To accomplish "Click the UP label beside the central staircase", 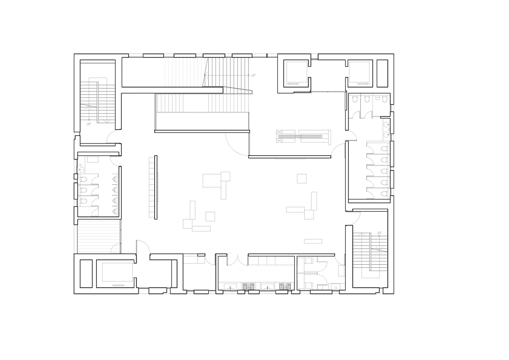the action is pyautogui.click(x=253, y=75).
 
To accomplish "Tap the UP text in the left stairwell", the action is pyautogui.click(x=89, y=124).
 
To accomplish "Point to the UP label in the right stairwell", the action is pyautogui.click(x=379, y=233).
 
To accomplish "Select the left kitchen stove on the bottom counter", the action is pyautogui.click(x=248, y=286).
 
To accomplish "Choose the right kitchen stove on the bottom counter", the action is pyautogui.click(x=286, y=286).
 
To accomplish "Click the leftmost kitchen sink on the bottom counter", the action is pyautogui.click(x=231, y=286).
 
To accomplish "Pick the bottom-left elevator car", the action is pyautogui.click(x=117, y=272).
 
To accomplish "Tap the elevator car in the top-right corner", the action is pyautogui.click(x=360, y=73).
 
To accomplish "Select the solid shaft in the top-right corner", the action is pyautogui.click(x=382, y=73).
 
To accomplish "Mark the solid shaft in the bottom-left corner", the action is pyautogui.click(x=86, y=273).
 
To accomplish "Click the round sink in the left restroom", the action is pyautogui.click(x=81, y=169).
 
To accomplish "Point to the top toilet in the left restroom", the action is pyautogui.click(x=83, y=179).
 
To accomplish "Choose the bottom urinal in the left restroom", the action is pyautogui.click(x=115, y=211).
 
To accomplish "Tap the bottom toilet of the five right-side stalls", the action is pyautogui.click(x=384, y=194).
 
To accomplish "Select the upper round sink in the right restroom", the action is pyautogui.click(x=387, y=124).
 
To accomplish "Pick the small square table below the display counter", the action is pyautogui.click(x=301, y=179).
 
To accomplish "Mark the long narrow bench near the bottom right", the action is pyautogui.click(x=313, y=241).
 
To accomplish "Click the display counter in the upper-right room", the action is pyautogui.click(x=303, y=136).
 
